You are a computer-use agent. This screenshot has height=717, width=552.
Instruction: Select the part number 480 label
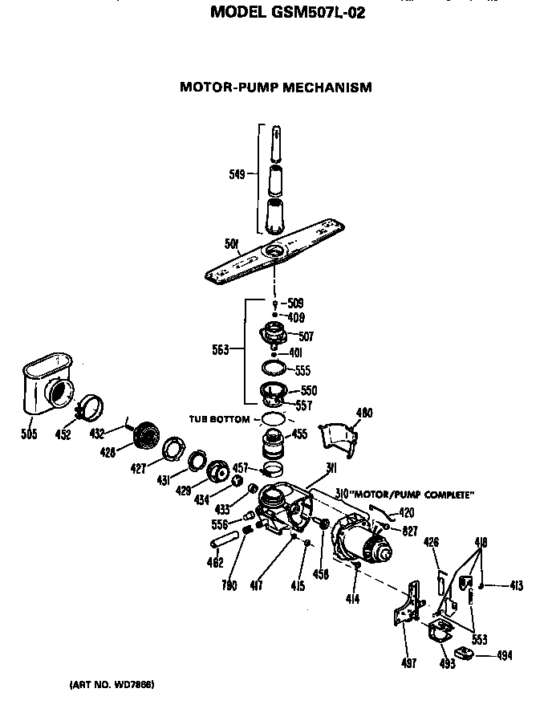(364, 413)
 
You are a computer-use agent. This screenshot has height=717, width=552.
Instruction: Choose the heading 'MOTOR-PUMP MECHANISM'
(276, 87)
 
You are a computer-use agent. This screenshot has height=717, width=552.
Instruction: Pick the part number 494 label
(504, 655)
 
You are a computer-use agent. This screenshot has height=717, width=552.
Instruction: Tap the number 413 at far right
(515, 587)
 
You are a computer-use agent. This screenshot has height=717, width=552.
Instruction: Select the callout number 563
(221, 349)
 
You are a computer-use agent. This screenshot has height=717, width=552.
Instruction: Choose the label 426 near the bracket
(431, 544)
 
